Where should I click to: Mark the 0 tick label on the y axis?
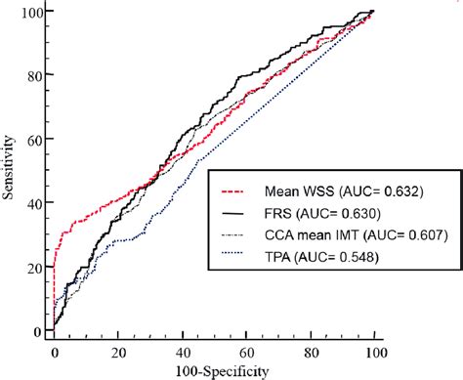point(36,332)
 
